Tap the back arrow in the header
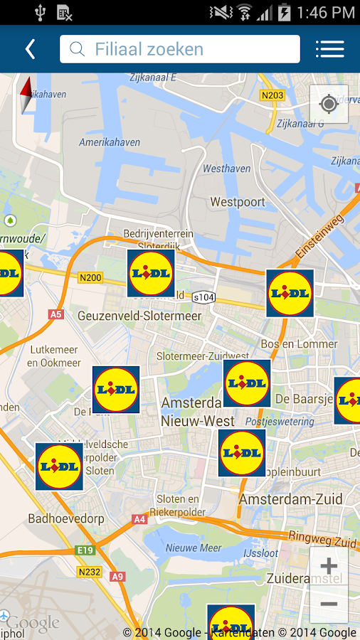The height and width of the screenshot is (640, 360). [30, 48]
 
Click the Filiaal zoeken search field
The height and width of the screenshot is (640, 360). [180, 49]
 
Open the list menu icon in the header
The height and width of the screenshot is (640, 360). [329, 48]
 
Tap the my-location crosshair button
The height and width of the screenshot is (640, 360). [329, 105]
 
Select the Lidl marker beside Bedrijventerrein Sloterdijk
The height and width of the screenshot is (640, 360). [151, 273]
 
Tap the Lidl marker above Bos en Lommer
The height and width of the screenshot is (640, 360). [290, 293]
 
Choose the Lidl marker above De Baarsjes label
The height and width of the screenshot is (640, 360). [247, 383]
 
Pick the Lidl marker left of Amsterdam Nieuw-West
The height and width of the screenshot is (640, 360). [116, 390]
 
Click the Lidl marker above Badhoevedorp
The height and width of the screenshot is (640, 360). [59, 466]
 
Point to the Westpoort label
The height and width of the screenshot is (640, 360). [238, 202]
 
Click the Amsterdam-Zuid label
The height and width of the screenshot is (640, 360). [290, 499]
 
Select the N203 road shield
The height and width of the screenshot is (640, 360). [271, 95]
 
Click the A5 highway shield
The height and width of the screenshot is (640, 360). [56, 314]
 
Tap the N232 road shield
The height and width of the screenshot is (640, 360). [89, 571]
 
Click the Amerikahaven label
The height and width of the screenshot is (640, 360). [110, 142]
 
